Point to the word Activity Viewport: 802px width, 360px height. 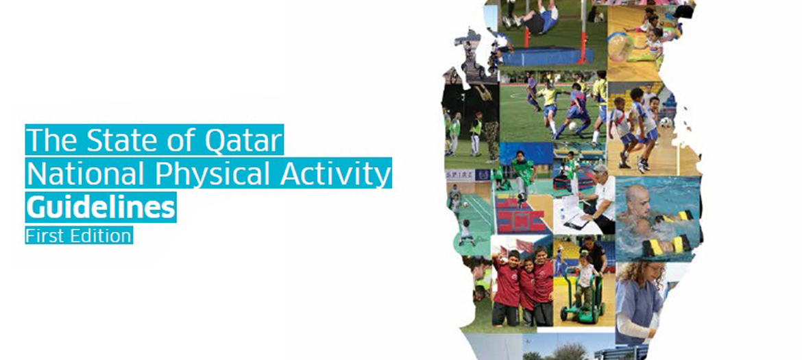tap(335, 175)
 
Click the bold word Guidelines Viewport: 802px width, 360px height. tap(100, 208)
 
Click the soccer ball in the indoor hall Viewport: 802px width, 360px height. tap(665, 122)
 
